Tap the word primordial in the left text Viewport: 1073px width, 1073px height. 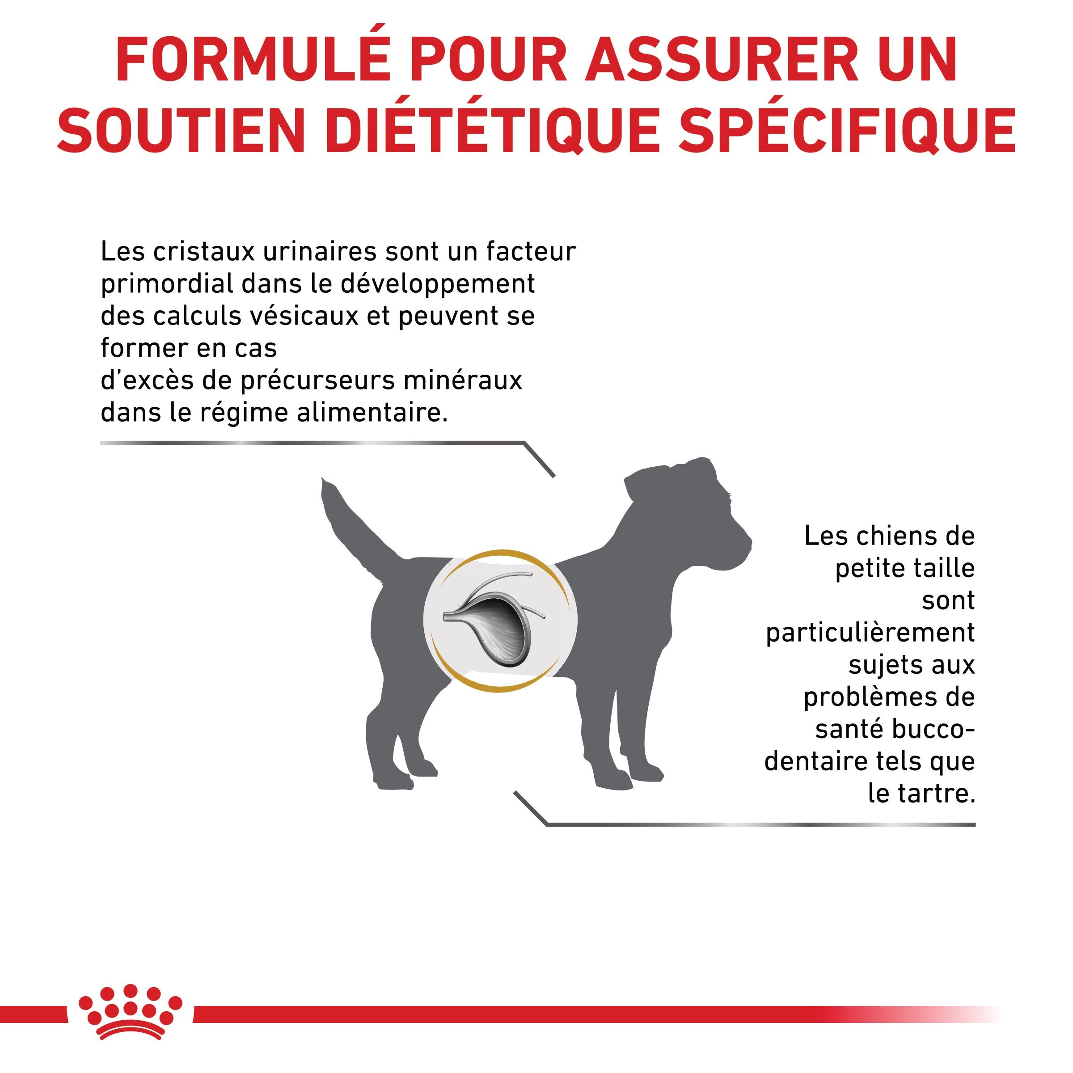point(167,284)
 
